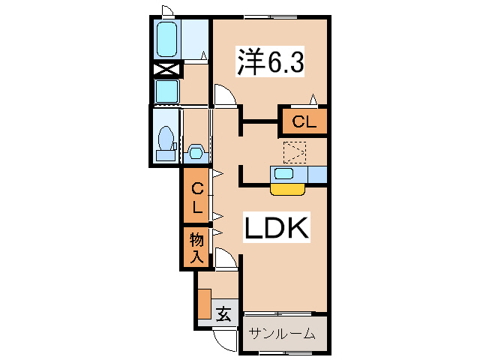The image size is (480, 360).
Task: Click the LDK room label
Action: [275, 229]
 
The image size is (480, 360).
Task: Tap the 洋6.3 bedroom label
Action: [271, 62]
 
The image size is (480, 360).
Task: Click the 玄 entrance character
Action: [223, 313]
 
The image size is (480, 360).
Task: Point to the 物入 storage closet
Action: [196, 248]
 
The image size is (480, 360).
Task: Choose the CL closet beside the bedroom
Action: [304, 121]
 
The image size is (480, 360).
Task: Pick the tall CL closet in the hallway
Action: [197, 196]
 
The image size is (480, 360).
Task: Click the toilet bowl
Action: [166, 141]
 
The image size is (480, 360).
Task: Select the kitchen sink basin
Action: [283, 174]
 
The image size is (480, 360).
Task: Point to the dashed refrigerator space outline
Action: [295, 153]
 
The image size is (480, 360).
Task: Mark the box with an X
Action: [166, 70]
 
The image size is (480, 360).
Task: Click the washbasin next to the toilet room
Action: [196, 151]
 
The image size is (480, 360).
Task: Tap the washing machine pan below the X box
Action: [166, 91]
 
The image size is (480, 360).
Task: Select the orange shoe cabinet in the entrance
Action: [204, 303]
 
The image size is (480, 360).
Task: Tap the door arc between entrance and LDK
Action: [226, 259]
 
